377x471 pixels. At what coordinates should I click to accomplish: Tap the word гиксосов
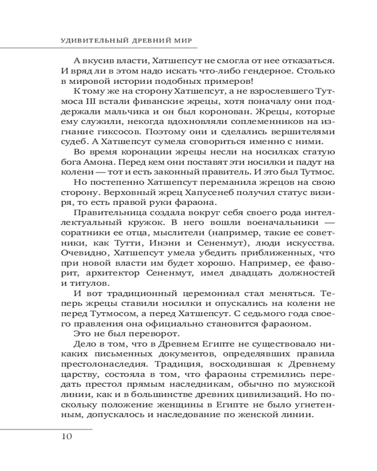pyautogui.click(x=109, y=134)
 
